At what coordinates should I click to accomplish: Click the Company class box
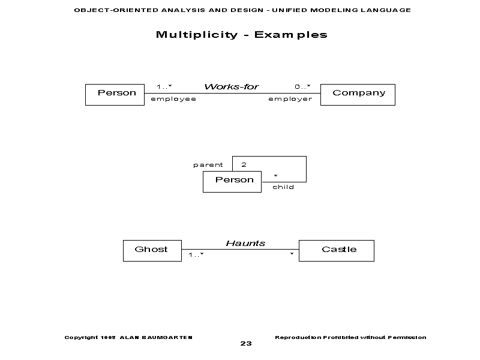pos(358,94)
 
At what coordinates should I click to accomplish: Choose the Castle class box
pos(336,250)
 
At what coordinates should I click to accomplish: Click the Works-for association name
pos(232,86)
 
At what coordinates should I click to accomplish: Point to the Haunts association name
pos(245,243)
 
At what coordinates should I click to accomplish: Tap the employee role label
pos(173,99)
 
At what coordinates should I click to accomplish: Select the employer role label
pos(290,99)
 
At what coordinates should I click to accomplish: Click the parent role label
pos(208,164)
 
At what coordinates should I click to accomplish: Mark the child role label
pos(283,187)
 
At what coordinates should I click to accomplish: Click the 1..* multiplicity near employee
pos(164,86)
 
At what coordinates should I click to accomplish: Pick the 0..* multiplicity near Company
pos(302,86)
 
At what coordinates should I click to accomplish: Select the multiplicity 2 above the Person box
pos(244,164)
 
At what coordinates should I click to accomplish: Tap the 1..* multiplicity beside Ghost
pos(196,255)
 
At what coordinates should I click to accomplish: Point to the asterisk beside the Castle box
pos(292,256)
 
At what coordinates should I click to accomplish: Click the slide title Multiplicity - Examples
pos(242,34)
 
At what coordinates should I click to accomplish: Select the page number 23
pos(245,344)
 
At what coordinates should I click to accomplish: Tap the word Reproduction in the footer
pos(297,337)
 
